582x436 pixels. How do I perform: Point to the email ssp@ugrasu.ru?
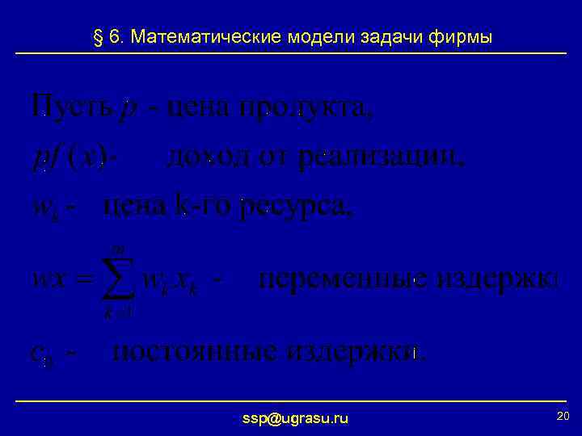tap(296, 417)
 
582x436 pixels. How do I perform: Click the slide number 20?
tap(563, 415)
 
